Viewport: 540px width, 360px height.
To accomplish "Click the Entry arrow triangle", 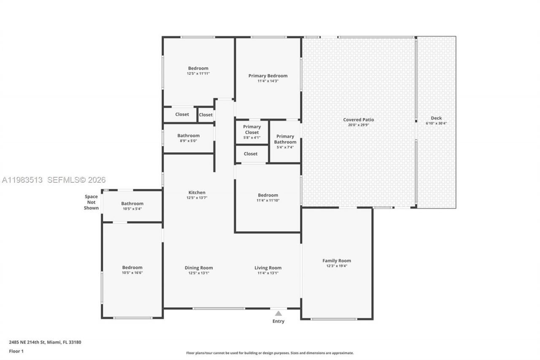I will (x=278, y=313).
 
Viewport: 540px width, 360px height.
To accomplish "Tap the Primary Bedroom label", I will (x=268, y=76).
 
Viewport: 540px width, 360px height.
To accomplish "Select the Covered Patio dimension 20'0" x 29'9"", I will (x=358, y=125).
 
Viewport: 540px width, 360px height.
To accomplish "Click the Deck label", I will (x=436, y=118).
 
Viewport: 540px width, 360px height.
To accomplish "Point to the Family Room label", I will (x=337, y=261).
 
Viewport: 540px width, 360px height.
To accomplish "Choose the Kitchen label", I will (x=197, y=192).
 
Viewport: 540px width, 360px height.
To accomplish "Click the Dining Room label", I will (x=199, y=268).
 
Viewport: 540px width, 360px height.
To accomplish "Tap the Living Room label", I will (x=268, y=268).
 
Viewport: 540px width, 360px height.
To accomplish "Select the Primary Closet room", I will (x=252, y=132).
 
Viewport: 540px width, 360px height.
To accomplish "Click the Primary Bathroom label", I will (x=285, y=139).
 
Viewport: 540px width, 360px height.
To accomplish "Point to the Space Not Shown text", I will (x=91, y=202).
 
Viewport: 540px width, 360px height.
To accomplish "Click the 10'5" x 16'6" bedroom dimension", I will (x=132, y=273).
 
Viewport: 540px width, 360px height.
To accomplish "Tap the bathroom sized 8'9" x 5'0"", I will (x=188, y=138).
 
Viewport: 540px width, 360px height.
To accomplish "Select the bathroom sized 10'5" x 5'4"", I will (x=132, y=206).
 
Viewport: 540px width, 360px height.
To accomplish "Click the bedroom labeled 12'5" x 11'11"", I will (x=198, y=70).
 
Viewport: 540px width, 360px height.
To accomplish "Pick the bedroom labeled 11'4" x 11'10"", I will (x=268, y=198).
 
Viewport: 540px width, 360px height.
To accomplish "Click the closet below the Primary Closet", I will (x=251, y=154).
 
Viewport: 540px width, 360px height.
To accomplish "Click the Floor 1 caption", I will (x=16, y=351).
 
